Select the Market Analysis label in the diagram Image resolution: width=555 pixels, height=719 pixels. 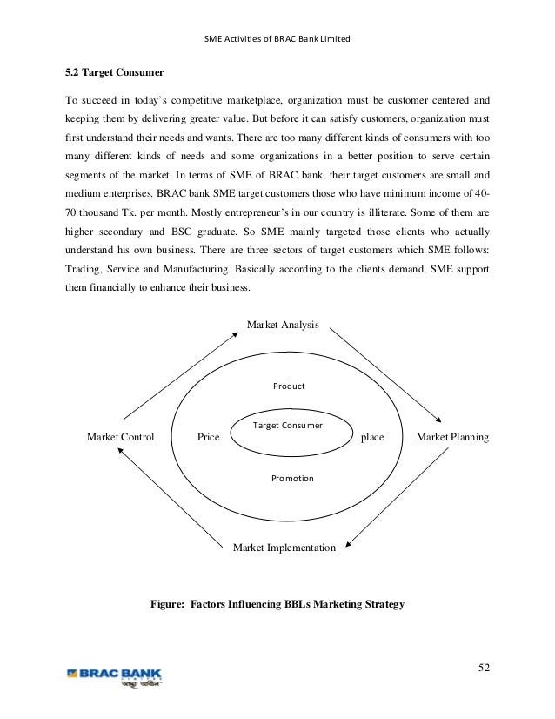[283, 325]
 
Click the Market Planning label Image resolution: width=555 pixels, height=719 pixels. [452, 437]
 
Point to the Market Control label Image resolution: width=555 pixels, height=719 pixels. [121, 437]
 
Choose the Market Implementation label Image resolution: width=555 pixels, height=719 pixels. [284, 548]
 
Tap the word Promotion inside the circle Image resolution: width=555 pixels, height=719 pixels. [292, 478]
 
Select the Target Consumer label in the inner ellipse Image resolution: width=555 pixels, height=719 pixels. [287, 426]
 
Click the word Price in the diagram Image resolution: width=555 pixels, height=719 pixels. [208, 437]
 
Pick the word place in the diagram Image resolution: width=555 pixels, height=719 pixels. [372, 437]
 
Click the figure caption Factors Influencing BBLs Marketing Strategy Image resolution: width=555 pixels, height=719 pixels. [277, 602]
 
